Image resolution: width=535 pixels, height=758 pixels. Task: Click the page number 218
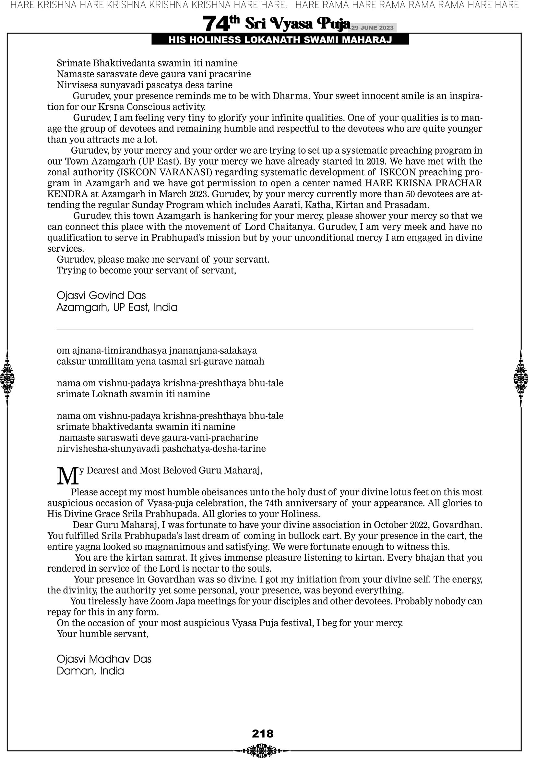[263, 733]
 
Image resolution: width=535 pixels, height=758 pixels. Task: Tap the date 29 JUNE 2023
[372, 28]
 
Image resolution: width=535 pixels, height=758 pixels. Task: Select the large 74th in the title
[221, 24]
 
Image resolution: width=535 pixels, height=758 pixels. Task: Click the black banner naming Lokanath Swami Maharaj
[280, 40]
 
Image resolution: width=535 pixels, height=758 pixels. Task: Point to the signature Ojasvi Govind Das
[101, 295]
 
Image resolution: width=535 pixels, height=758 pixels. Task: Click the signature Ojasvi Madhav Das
[104, 659]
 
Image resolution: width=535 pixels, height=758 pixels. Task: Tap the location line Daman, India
[90, 671]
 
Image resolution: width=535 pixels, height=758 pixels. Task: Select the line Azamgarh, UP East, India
[117, 307]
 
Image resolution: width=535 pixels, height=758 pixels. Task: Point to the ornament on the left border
[7, 378]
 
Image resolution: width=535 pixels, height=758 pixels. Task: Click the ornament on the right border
[521, 378]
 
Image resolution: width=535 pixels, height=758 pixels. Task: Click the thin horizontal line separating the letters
[265, 329]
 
